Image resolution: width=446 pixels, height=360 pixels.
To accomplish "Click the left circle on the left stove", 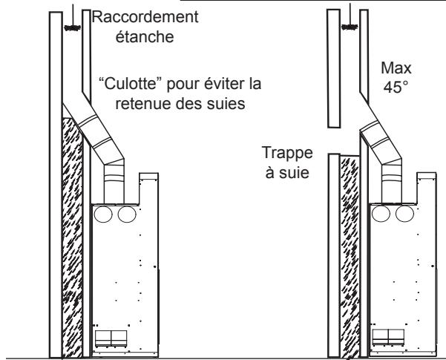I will (x=106, y=215).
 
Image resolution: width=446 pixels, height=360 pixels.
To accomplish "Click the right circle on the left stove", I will (x=127, y=215).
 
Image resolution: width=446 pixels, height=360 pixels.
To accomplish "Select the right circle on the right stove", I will (x=404, y=215).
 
